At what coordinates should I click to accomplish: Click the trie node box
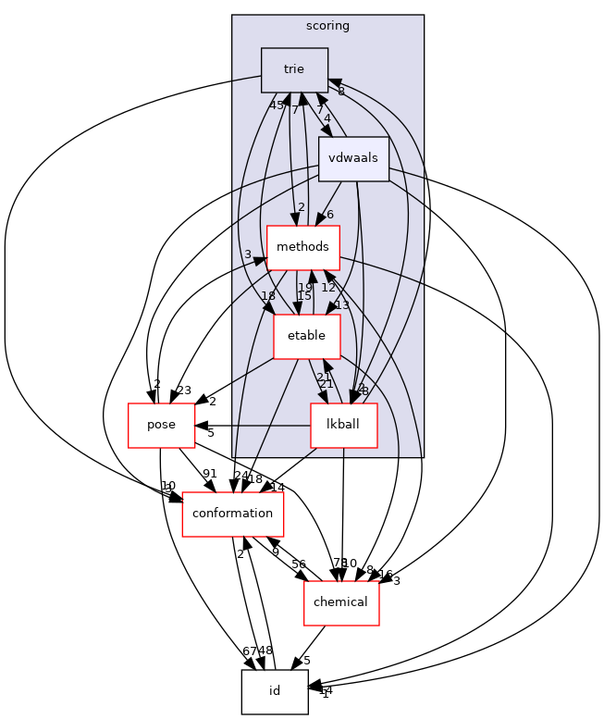click(x=294, y=69)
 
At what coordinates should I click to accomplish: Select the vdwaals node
click(x=353, y=158)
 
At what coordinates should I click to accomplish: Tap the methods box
click(x=302, y=247)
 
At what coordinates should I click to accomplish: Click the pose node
click(x=160, y=426)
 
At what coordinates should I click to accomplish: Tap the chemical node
click(x=341, y=601)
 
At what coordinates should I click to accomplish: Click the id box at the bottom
click(x=274, y=690)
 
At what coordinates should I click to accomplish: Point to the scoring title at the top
click(x=327, y=26)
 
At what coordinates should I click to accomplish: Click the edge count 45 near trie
click(x=277, y=105)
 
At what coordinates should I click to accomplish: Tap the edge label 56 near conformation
click(x=299, y=564)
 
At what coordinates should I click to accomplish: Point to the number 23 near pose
click(x=183, y=390)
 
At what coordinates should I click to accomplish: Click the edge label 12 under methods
click(x=328, y=287)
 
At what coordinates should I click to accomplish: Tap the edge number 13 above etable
click(x=341, y=305)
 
